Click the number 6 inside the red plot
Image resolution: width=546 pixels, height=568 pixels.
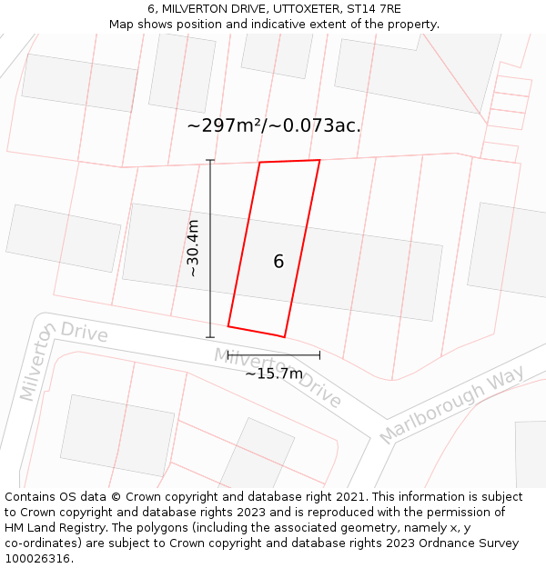click(278, 262)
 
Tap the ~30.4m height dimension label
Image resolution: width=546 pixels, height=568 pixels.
click(193, 248)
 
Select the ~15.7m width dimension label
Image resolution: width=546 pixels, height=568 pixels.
click(274, 374)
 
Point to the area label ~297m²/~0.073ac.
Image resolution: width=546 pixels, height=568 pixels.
click(274, 125)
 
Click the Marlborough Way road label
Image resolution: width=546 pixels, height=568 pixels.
click(451, 404)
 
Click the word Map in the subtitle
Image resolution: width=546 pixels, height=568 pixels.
click(122, 25)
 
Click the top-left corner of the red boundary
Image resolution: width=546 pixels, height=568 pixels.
click(260, 163)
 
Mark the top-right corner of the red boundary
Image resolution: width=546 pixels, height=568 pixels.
click(319, 160)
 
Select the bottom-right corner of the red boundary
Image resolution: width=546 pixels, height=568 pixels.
click(285, 337)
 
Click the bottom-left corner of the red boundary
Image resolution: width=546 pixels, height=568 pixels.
click(228, 325)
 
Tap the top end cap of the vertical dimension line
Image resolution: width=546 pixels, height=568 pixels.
click(210, 161)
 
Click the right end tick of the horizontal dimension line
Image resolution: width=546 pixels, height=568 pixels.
click(319, 355)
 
